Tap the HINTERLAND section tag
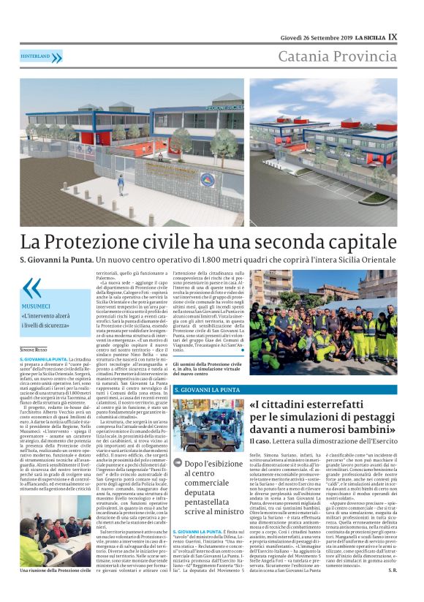pos(41,57)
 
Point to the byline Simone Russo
pos(34,331)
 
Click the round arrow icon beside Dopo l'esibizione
pos(178,462)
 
